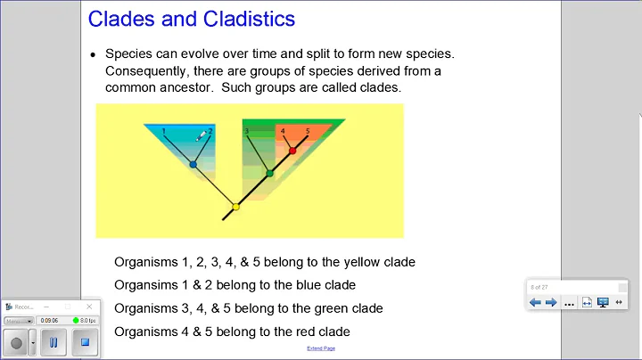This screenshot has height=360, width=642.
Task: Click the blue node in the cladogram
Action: click(193, 164)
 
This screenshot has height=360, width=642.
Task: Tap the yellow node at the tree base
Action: click(235, 207)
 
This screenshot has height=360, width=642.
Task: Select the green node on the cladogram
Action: click(269, 173)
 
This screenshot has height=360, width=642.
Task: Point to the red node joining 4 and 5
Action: click(292, 151)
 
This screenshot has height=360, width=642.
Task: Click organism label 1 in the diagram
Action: click(164, 132)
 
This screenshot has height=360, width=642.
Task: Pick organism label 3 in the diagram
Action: click(247, 132)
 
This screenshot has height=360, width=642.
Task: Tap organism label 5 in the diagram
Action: click(308, 132)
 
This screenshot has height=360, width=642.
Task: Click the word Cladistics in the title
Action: click(245, 18)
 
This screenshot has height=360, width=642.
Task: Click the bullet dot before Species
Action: click(93, 54)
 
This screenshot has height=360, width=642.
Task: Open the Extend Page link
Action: click(321, 348)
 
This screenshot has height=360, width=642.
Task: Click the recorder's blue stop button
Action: click(82, 342)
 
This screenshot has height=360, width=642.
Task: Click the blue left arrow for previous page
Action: click(535, 302)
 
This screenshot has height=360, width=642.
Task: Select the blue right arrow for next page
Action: click(551, 302)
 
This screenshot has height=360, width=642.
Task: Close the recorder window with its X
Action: click(89, 307)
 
